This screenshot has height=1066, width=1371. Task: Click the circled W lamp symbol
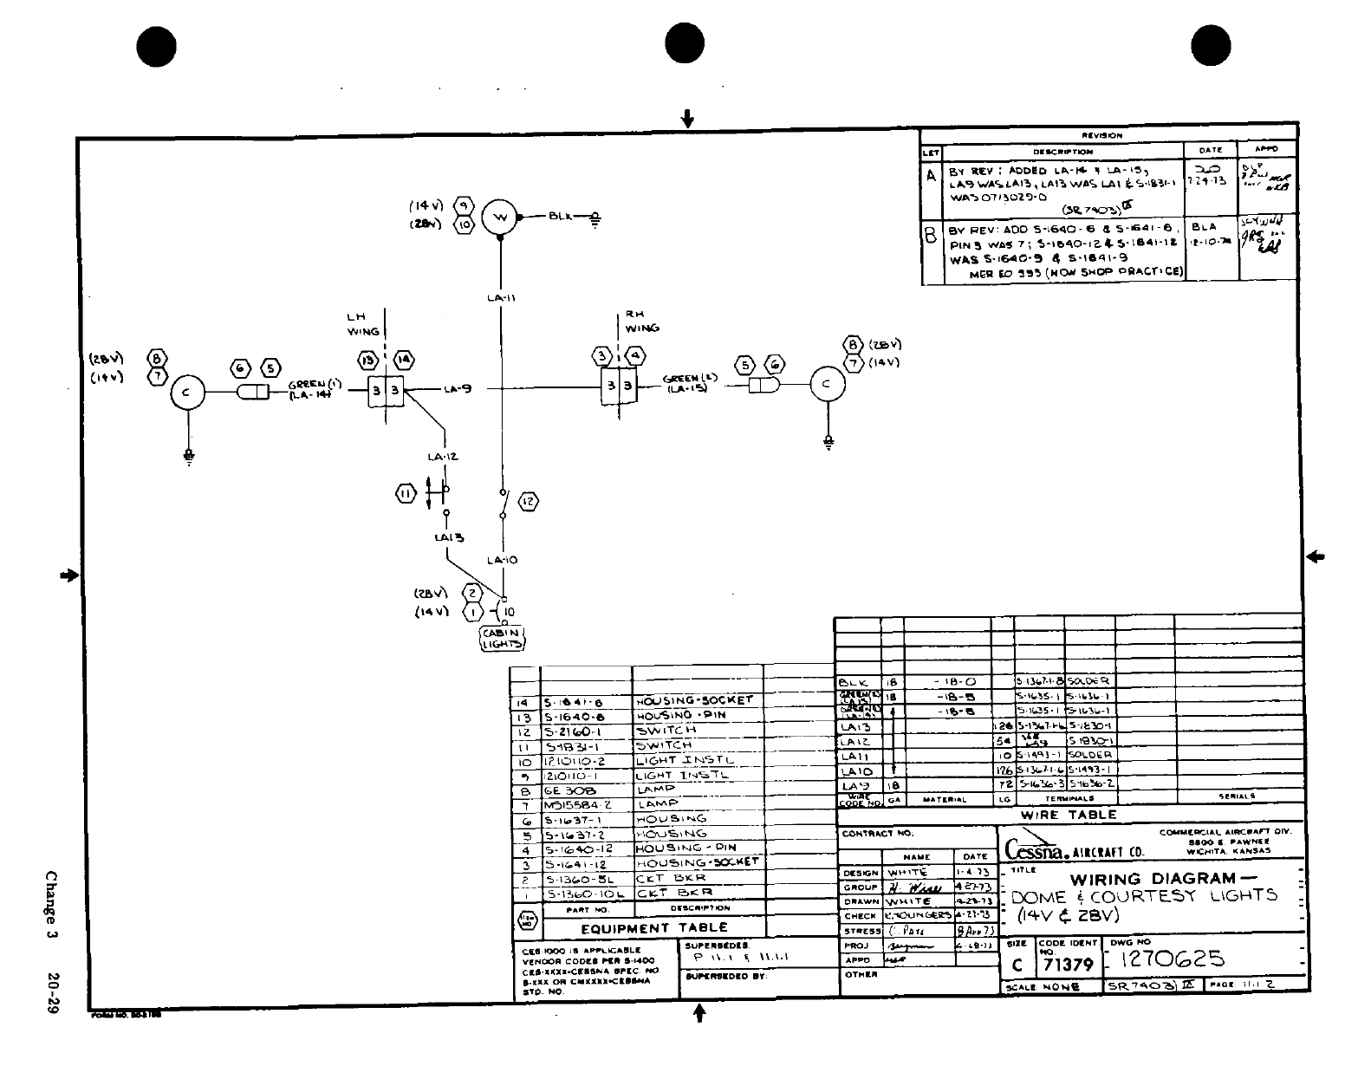click(x=499, y=217)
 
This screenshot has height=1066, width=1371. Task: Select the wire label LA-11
click(x=500, y=298)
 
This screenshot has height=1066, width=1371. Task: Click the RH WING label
click(x=641, y=322)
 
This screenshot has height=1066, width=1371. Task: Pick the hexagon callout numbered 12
click(x=528, y=501)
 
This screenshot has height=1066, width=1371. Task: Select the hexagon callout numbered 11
click(x=406, y=494)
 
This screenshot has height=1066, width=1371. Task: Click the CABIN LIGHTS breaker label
click(x=502, y=639)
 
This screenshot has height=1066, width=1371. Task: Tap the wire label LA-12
click(x=443, y=457)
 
